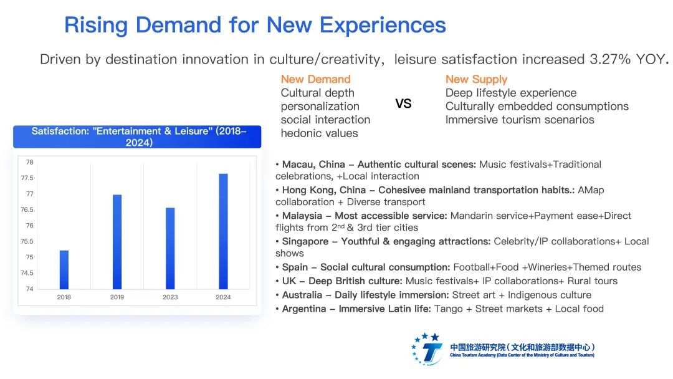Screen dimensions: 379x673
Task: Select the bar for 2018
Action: point(64,269)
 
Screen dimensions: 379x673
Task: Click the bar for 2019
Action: point(117,242)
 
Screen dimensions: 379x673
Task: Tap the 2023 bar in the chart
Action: point(170,248)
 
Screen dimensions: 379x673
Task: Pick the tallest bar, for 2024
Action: point(223,231)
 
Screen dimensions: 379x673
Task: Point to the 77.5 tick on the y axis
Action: point(27,178)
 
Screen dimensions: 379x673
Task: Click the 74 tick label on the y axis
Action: point(29,289)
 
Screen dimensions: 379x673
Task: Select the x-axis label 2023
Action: point(170,297)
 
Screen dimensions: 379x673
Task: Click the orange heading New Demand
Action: point(315,79)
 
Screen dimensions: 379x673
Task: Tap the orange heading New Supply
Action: point(476,79)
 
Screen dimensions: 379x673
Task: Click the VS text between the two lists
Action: point(403,104)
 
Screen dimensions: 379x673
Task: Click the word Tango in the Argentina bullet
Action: point(449,309)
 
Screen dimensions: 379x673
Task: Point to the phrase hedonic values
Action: point(319,133)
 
